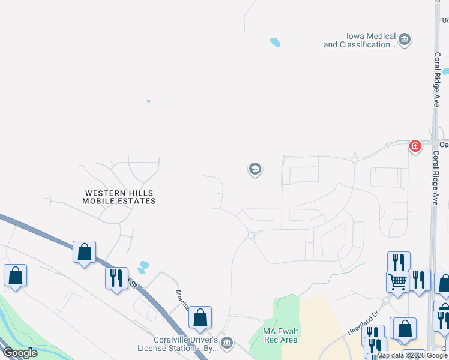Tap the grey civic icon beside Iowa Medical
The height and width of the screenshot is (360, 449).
(x=405, y=40)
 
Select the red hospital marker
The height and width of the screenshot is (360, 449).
(x=415, y=146)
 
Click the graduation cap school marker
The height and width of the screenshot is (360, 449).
(x=255, y=169)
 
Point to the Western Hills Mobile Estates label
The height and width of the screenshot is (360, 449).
(x=120, y=197)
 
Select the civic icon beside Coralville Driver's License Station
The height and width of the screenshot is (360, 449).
(x=227, y=343)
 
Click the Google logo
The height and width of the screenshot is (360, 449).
(x=20, y=353)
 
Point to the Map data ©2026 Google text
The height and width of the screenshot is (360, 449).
(x=412, y=355)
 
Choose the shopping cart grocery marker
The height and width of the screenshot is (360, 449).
(x=397, y=281)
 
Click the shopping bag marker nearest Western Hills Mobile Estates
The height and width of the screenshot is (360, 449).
(x=85, y=252)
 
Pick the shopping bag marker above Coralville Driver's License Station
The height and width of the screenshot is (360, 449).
(x=200, y=317)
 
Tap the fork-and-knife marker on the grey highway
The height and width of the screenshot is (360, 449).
(x=116, y=278)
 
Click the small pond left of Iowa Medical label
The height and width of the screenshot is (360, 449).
(x=275, y=43)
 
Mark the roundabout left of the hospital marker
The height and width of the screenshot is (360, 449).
(x=355, y=160)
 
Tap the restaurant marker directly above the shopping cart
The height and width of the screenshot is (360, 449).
(x=399, y=262)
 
